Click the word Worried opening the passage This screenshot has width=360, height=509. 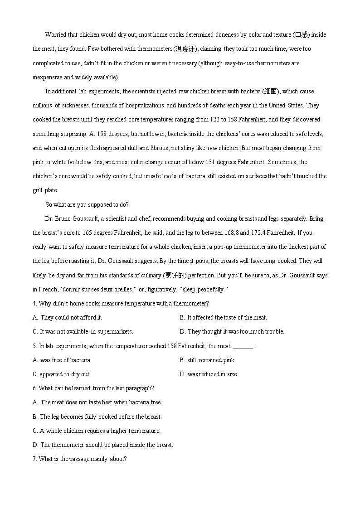[x=55, y=35]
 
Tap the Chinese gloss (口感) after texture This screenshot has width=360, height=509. [x=301, y=35]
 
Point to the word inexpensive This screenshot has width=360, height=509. [x=47, y=77]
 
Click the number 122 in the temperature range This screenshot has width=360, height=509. [x=215, y=120]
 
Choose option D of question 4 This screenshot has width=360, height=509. [x=232, y=332]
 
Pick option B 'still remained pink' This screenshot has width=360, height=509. [x=207, y=360]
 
